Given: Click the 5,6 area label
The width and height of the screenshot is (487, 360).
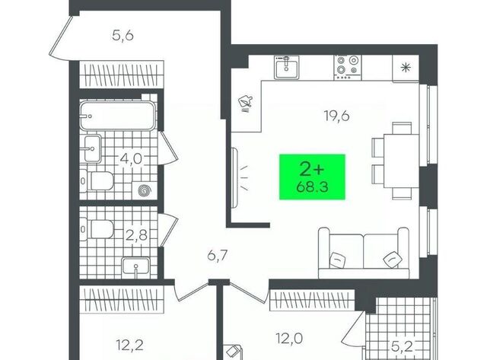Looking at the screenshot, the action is tap(123, 36).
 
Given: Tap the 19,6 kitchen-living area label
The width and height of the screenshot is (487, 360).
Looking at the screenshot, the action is tap(336, 116).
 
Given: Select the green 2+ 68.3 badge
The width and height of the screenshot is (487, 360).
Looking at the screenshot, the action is tap(312, 177).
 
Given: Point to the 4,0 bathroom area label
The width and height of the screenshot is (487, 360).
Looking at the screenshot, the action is tap(131, 159).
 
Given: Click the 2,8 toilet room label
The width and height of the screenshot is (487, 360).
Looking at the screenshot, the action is tap(136, 235).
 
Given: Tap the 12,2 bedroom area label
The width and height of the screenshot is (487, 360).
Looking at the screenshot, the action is tap(130, 345).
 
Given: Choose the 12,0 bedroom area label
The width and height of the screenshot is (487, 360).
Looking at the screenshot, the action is tap(289, 338).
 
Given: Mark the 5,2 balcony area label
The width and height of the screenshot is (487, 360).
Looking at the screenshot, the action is tap(402, 346).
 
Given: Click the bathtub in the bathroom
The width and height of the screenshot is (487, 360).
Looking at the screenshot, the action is tap(117, 116).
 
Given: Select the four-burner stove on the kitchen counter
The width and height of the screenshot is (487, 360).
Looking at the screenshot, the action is tap(348, 68).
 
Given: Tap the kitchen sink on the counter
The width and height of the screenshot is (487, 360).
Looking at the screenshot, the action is tap(286, 67).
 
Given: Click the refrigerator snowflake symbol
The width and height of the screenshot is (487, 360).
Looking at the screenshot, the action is tap(405, 68).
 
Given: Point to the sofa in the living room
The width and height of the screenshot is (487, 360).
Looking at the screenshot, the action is tap(364, 253).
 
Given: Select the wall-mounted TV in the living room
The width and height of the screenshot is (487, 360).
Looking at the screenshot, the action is tap(235, 177).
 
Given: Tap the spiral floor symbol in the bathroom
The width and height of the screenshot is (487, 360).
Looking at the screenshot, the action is tap(144, 190).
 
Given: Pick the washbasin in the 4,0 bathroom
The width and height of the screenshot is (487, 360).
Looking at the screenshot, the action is tap(92, 148).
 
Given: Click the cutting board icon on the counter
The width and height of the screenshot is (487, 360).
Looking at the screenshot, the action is tap(245, 101).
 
